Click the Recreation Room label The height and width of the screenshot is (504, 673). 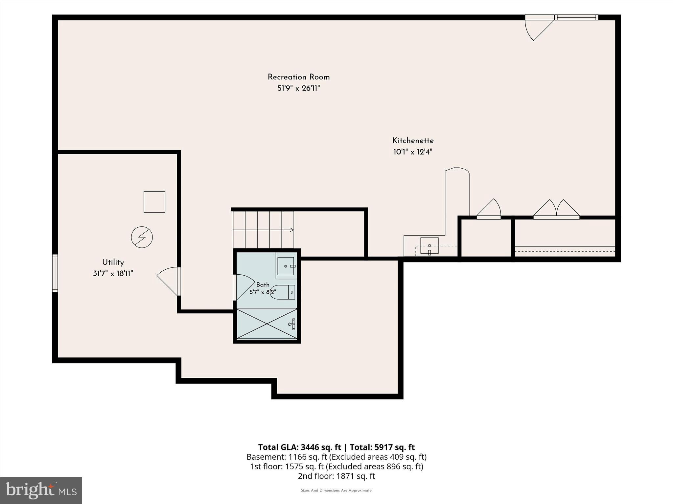[x=298, y=77]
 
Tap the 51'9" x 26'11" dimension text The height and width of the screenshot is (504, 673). [x=298, y=88]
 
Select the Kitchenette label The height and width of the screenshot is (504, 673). [x=413, y=141]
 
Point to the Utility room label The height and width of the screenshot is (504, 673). [x=113, y=262]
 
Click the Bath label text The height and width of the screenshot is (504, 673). [x=263, y=285]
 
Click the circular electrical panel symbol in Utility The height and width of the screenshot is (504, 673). [x=142, y=237]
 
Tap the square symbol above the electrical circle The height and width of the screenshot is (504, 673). [x=154, y=202]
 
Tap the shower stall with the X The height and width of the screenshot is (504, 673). [x=267, y=324]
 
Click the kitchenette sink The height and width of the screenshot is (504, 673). [x=429, y=245]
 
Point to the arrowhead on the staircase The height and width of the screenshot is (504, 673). [x=291, y=230]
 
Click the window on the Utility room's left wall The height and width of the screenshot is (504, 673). [x=55, y=273]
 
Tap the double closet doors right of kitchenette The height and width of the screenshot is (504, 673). [x=556, y=209]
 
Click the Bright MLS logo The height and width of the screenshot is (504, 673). [x=41, y=491]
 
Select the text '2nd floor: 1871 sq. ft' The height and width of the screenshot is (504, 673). [x=336, y=476]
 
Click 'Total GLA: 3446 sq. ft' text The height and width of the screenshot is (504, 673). [x=300, y=447]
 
